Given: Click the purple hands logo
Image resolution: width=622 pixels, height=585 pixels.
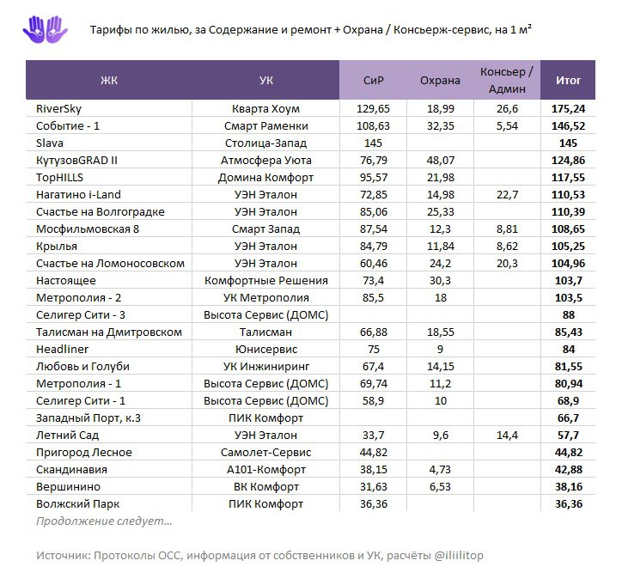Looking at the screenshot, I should point(45,30).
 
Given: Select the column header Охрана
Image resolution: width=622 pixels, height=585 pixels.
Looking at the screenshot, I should point(440,81).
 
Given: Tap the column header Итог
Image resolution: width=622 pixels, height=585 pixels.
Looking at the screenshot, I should point(568,81).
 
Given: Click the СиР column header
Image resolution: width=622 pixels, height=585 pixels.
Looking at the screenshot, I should point(373,81).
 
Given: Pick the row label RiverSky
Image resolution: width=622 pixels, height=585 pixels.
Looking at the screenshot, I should point(59,109).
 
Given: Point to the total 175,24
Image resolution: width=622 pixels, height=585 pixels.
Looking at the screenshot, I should point(568,109).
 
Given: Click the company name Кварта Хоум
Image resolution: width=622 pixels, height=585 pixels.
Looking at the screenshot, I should point(266,109).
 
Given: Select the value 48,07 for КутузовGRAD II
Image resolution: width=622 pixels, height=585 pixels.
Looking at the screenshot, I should point(440,161).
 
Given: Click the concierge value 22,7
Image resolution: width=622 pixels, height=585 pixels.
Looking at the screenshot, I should point(508,195).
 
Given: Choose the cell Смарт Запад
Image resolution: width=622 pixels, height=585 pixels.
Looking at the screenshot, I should point(266,229).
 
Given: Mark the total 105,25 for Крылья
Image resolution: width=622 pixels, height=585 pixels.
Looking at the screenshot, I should point(568,247).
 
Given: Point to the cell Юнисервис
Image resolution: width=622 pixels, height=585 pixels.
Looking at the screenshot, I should point(266,350).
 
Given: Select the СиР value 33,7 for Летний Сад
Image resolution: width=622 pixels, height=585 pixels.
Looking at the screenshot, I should point(373,436).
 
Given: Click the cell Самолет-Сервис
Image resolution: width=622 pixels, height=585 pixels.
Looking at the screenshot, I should point(266,453).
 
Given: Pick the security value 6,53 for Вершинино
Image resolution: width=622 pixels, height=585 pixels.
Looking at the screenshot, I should point(440,487).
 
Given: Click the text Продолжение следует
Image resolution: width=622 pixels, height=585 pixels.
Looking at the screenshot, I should point(104,521).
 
